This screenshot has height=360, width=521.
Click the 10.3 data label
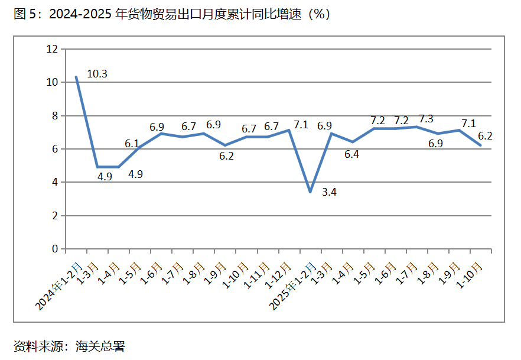[97, 74]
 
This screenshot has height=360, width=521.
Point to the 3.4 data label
[330, 192]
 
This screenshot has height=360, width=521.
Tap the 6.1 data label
[132, 144]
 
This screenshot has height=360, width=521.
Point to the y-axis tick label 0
[55, 249]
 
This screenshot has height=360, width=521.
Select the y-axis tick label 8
[55, 116]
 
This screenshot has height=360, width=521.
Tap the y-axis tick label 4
[55, 183]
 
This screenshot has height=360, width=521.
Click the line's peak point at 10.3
[76, 77]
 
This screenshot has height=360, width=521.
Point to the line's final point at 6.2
[480, 145]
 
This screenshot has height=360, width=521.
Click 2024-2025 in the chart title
[78, 15]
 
